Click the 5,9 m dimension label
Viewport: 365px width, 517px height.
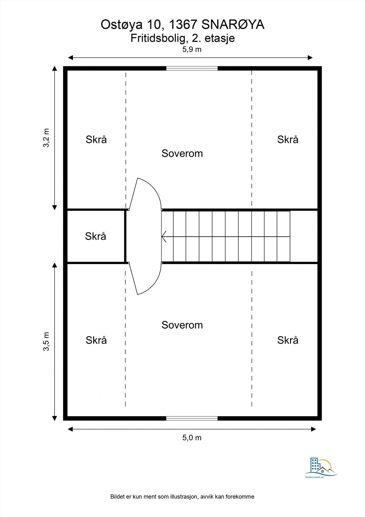pos(192,49)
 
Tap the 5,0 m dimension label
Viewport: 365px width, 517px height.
pos(192,438)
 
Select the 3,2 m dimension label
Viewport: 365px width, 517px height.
pos(46,138)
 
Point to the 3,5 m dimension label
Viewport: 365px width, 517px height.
pos(46,341)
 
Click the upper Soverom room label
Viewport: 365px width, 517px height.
pos(182,153)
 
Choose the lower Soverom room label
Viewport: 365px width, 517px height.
pos(182,325)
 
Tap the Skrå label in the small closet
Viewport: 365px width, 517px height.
pos(96,236)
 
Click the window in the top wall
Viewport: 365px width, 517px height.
pos(192,68)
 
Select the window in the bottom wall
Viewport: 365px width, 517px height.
pos(192,418)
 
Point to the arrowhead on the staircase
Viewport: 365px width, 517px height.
pos(164,237)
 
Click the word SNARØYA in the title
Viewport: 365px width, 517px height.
pos(233,25)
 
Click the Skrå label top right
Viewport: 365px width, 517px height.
pos(288,139)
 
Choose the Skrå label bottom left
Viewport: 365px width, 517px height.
pos(96,340)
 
